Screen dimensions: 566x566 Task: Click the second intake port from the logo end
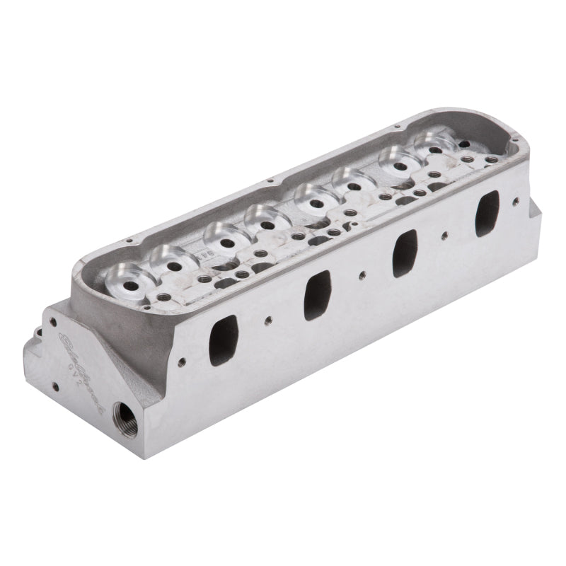click(x=317, y=296)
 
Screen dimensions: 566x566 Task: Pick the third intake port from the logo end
click(x=404, y=253)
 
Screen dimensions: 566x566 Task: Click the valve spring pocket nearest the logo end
click(x=128, y=277)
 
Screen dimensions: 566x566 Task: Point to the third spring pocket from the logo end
click(x=224, y=239)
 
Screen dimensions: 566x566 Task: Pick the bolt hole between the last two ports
click(x=444, y=234)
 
